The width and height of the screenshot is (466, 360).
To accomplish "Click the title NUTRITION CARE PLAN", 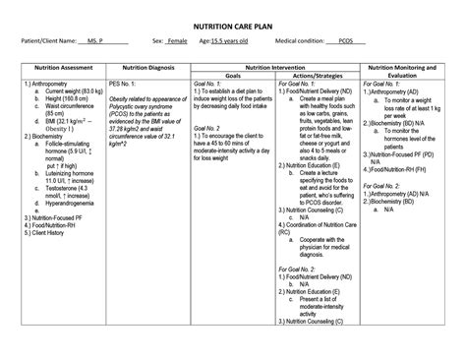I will click(233, 19).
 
